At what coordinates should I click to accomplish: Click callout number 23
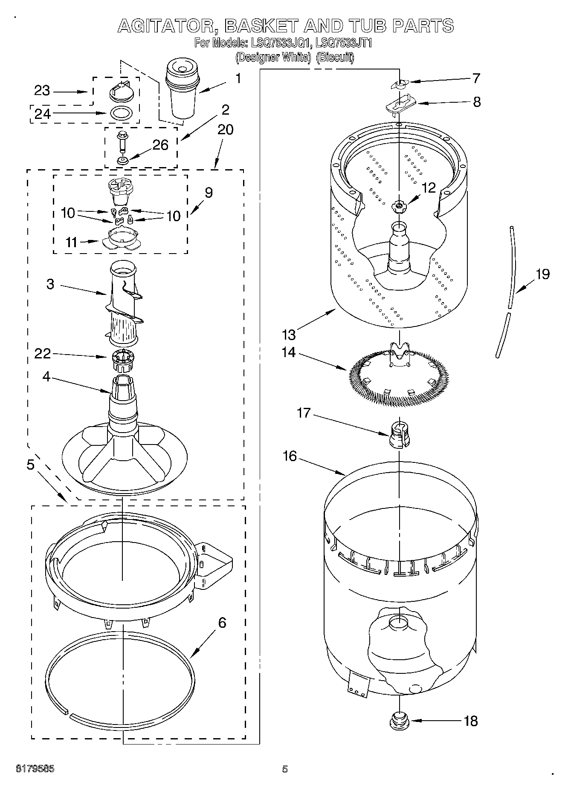coord(42,91)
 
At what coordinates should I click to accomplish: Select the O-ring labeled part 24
coord(121,113)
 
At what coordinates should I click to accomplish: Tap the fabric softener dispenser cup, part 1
coord(182,89)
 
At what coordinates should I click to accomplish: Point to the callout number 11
coord(72,242)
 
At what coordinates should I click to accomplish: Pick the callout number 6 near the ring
coord(222,623)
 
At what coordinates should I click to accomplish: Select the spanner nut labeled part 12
coord(399,206)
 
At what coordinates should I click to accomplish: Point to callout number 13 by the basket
coord(289,335)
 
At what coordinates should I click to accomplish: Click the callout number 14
coord(289,352)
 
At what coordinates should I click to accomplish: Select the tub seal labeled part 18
coord(399,721)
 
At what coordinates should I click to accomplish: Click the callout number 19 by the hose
coord(542,274)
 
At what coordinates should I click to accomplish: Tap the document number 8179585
coord(35,769)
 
